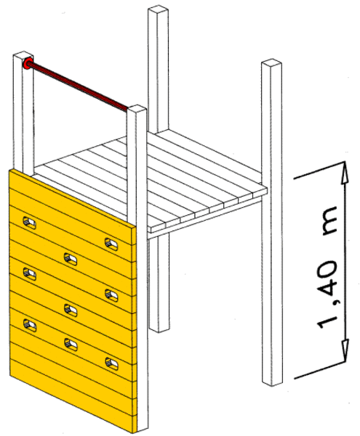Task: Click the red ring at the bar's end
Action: point(28,63)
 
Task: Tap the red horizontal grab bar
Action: point(78,87)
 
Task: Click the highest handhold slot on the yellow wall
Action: point(30,222)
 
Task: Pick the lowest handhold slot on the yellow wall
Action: point(112,364)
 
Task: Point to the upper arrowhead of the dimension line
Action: point(345,172)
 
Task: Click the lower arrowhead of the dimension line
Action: point(345,351)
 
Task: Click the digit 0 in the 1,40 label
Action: point(328,270)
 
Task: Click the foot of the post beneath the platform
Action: point(159,328)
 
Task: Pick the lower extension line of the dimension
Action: point(319,370)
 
